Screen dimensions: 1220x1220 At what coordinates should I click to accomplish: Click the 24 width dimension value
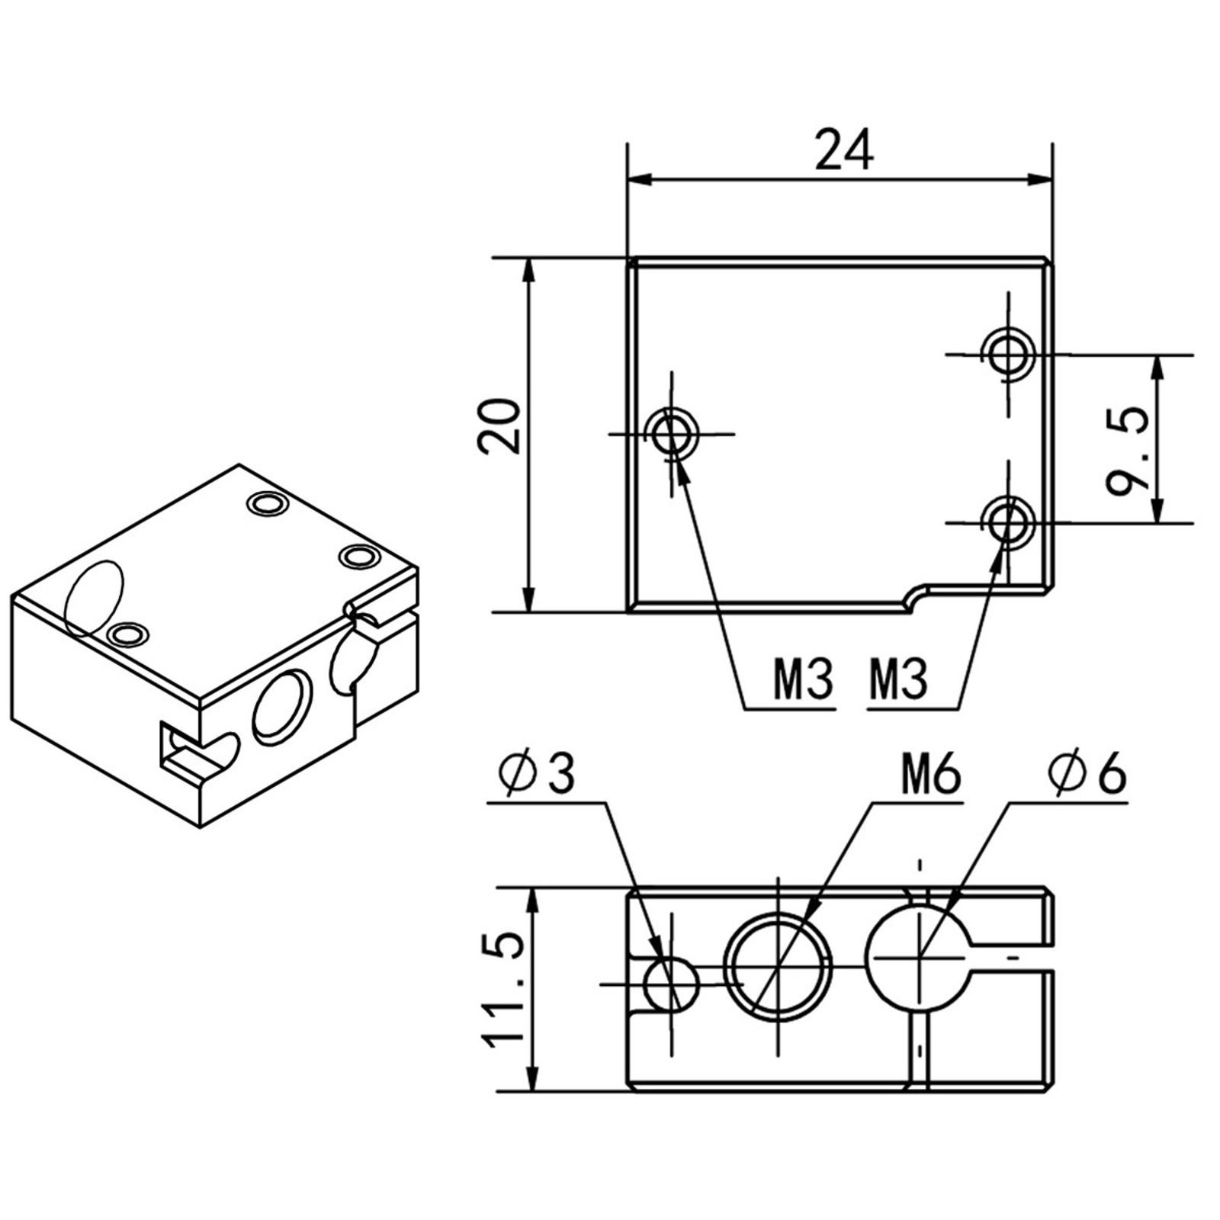pos(844,150)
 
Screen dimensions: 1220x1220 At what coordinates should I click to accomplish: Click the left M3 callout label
pos(804,680)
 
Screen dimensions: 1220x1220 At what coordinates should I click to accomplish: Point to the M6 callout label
pos(931,777)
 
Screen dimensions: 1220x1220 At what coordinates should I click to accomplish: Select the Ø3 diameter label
pos(537,775)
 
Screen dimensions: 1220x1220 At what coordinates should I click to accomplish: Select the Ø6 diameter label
pos(1087,776)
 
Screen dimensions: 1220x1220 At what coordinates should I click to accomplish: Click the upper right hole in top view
pos(1008,354)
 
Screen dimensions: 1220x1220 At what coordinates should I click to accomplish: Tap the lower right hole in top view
pos(1008,522)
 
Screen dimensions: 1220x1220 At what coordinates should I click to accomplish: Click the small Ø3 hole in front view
pos(671,984)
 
